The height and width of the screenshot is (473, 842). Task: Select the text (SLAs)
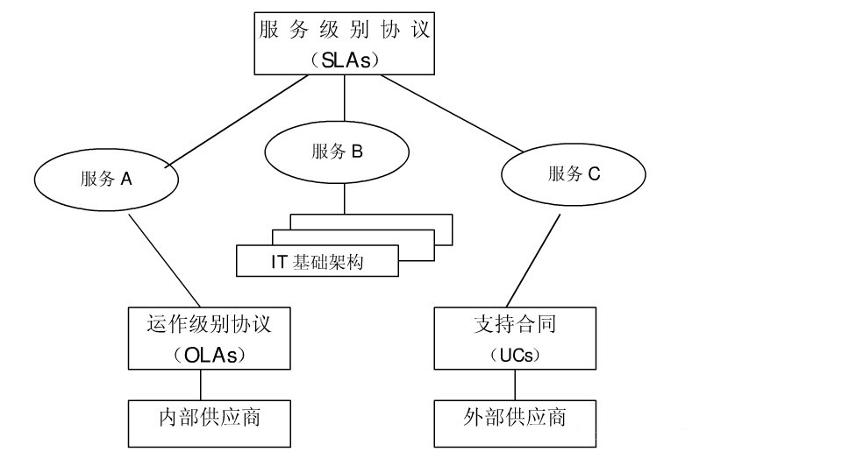click(344, 60)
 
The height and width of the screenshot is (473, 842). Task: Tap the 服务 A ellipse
click(106, 179)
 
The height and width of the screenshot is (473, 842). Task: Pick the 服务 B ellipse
click(336, 152)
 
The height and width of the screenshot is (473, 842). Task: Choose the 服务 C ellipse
click(574, 173)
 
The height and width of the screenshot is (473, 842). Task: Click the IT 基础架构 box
click(318, 260)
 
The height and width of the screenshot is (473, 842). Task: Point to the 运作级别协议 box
click(209, 325)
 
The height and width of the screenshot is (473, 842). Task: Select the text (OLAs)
click(209, 355)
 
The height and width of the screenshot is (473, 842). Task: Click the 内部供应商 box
click(209, 417)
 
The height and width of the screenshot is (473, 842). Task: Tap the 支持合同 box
click(515, 324)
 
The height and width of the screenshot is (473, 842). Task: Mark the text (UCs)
click(515, 356)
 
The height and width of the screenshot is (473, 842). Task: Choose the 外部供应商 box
click(515, 417)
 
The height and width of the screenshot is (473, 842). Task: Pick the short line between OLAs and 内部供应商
click(201, 385)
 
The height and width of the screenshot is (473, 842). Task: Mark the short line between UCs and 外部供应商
click(515, 385)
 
